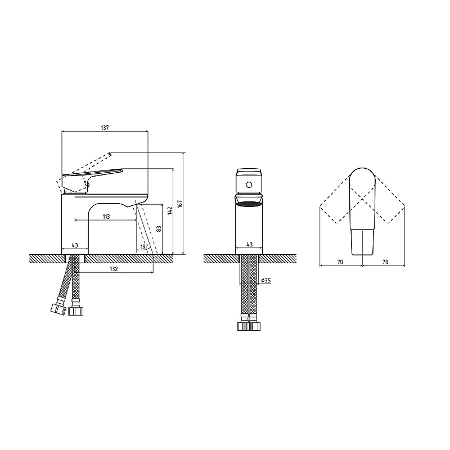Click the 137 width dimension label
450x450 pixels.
(105, 128)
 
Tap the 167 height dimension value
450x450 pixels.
(180, 204)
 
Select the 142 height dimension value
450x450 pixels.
(170, 210)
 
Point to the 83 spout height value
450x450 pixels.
(159, 229)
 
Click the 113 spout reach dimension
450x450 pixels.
(106, 217)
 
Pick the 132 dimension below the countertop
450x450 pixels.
(114, 269)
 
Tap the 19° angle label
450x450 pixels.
(144, 246)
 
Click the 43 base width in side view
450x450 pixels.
(75, 245)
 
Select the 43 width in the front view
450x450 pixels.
(249, 244)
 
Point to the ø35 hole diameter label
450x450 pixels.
(266, 280)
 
